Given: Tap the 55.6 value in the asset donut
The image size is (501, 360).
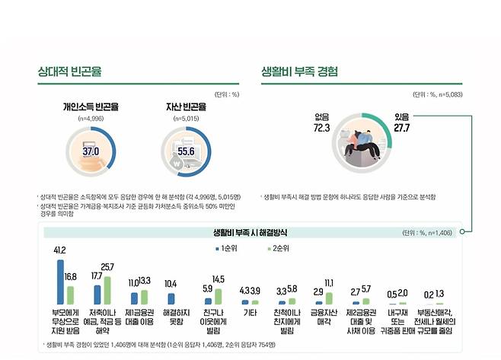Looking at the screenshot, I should (186, 151).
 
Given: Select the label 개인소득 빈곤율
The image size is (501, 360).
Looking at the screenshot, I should (91, 107).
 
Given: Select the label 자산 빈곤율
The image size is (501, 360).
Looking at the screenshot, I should (186, 107).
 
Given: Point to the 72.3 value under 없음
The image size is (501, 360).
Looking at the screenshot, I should (321, 129).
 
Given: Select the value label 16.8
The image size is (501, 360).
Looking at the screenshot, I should (71, 277).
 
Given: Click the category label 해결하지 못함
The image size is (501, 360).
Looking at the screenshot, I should (175, 317).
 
